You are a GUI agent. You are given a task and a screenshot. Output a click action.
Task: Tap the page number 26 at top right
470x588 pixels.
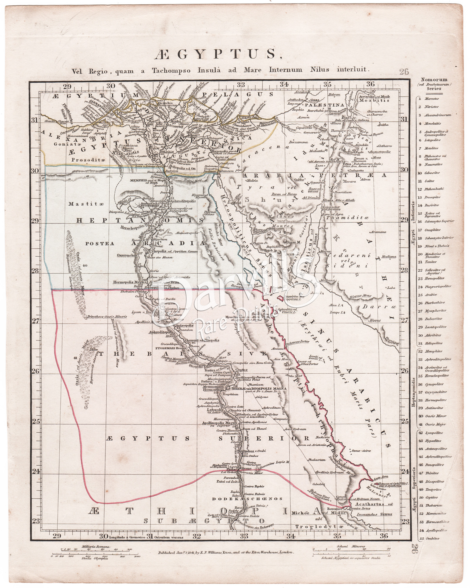tap(404, 71)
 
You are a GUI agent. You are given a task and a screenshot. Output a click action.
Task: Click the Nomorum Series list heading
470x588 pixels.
tap(434, 84)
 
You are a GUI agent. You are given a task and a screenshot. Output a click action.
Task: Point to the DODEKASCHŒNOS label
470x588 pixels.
tap(247, 499)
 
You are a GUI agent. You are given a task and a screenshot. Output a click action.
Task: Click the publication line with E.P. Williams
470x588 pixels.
tap(225, 552)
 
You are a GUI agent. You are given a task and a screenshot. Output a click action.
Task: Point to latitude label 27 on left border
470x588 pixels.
tap(35, 320)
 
